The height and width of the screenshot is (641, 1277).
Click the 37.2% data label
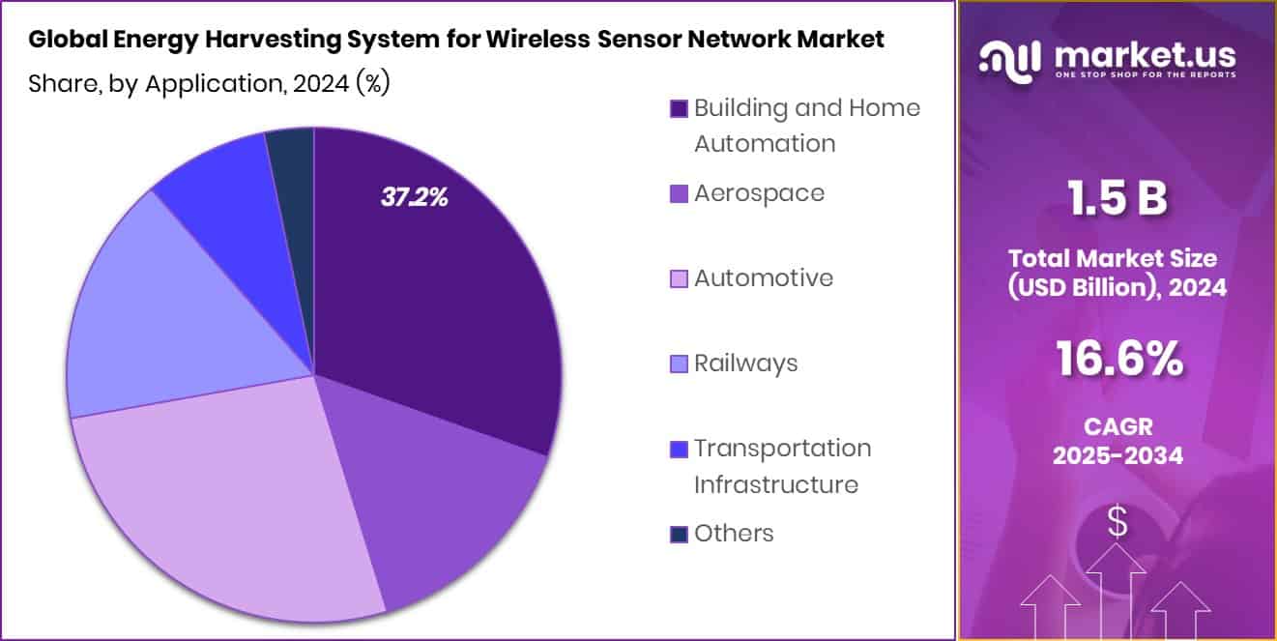tap(414, 198)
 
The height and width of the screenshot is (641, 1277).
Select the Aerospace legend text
tap(759, 192)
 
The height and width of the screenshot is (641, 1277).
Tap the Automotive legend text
tap(763, 277)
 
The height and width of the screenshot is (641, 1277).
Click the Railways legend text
tap(745, 363)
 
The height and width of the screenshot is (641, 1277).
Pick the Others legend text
tap(734, 533)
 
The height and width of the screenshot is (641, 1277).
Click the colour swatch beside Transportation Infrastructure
tap(679, 450)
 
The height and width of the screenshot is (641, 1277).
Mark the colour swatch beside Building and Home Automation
tap(679, 109)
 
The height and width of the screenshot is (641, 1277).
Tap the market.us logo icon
tap(1009, 59)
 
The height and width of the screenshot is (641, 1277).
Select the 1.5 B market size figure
tap(1117, 200)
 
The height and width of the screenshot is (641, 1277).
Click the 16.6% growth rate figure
tap(1117, 360)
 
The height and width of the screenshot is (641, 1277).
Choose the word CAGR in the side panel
tap(1117, 426)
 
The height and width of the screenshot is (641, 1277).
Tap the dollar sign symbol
tap(1117, 523)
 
